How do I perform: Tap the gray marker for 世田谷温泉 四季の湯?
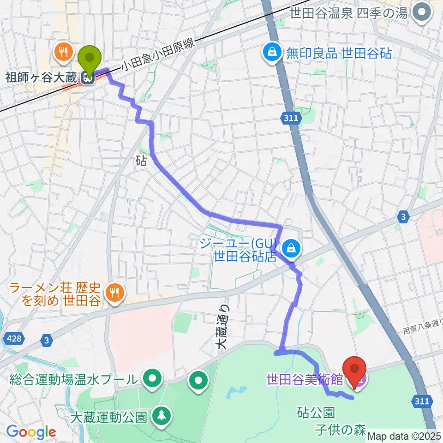click(x=420, y=13)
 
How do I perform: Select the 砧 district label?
click(x=142, y=161)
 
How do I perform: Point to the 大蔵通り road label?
click(x=223, y=327)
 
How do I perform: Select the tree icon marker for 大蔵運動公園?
click(x=162, y=414)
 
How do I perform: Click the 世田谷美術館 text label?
click(x=304, y=380)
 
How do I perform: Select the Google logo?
click(x=31, y=432)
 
